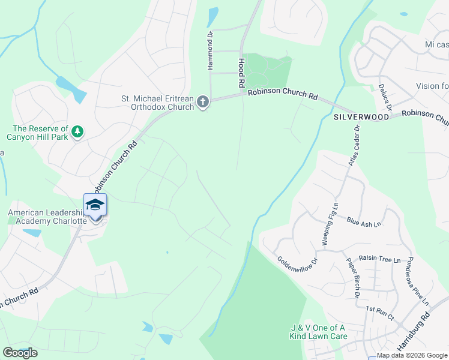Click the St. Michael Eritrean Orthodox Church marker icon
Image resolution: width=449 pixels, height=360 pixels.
(203, 102)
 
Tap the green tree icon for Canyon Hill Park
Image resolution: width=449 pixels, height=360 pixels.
(77, 131)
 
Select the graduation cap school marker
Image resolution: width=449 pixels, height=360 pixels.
(95, 206)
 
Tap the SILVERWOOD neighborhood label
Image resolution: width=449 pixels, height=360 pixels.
(361, 117)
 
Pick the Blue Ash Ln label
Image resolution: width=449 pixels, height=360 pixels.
(364, 223)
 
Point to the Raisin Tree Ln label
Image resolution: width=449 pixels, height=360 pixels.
(380, 259)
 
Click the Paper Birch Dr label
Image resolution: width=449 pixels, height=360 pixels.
(352, 278)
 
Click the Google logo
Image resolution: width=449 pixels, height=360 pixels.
(20, 353)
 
